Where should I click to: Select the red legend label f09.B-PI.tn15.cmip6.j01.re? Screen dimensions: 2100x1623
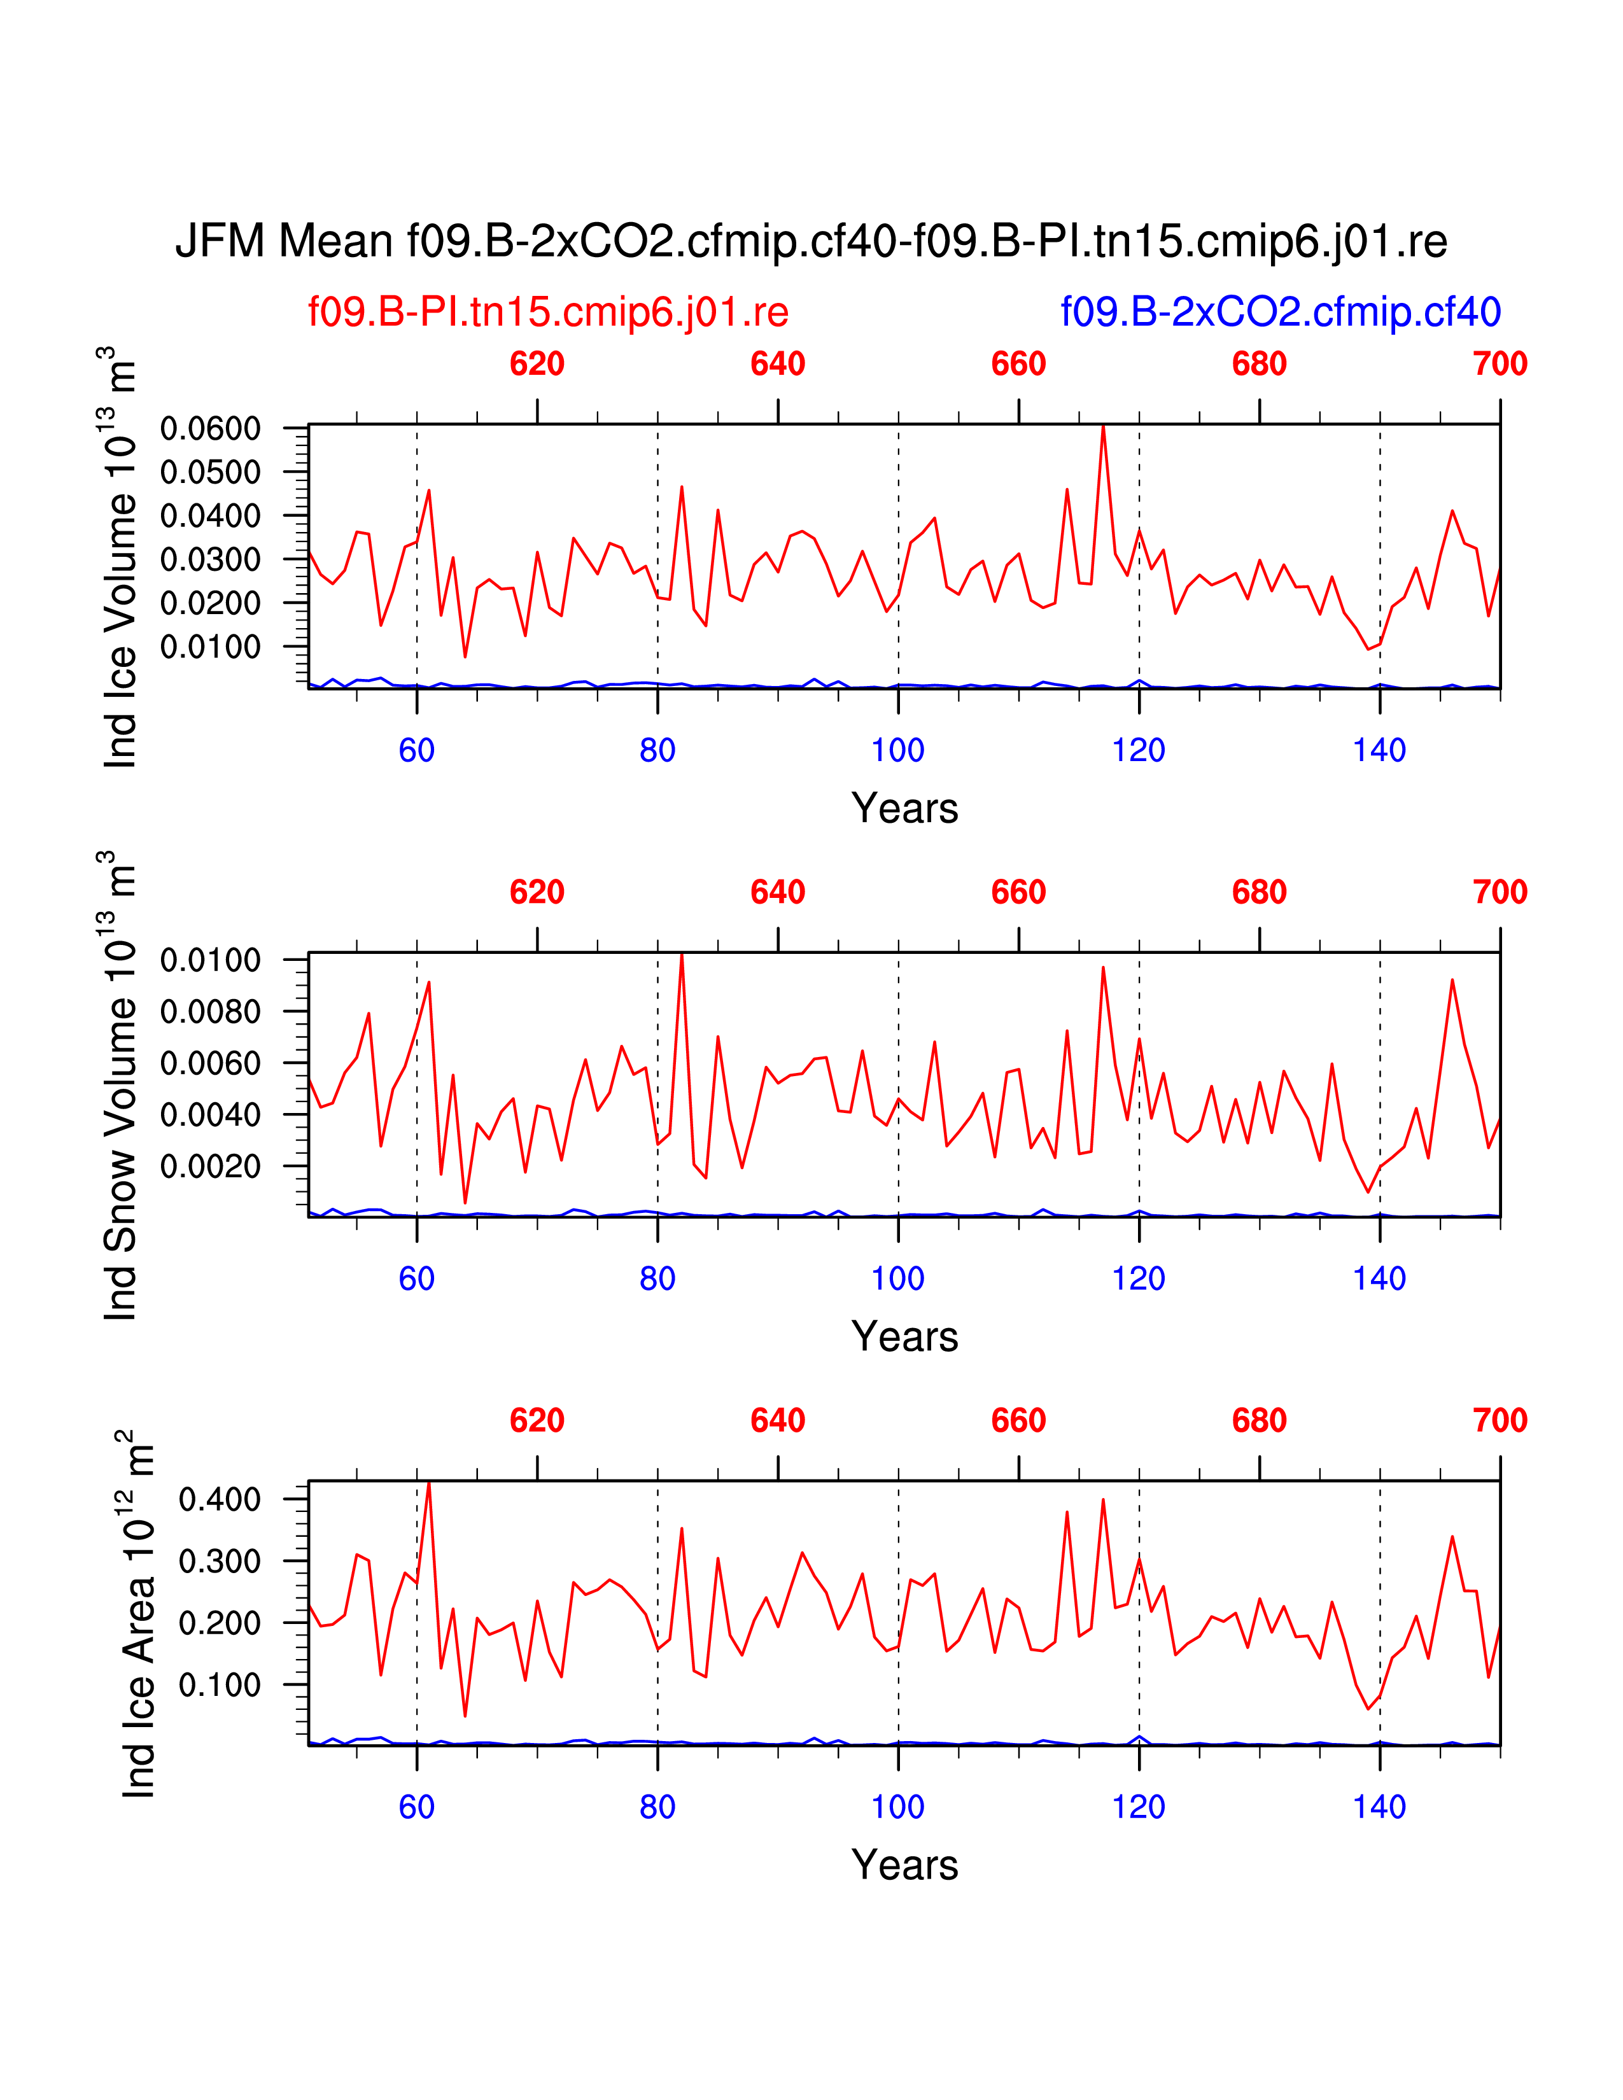[548, 312]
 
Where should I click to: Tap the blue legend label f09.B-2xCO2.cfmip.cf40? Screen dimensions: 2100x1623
[1280, 312]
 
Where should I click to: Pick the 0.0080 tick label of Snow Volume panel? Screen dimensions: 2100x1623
[211, 1012]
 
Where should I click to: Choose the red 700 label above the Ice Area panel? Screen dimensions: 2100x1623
[1500, 1420]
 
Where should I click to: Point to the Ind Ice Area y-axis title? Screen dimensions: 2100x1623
[137, 1614]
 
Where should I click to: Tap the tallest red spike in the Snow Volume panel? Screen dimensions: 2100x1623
[682, 955]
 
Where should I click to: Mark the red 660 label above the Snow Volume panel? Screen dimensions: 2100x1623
[1018, 892]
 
